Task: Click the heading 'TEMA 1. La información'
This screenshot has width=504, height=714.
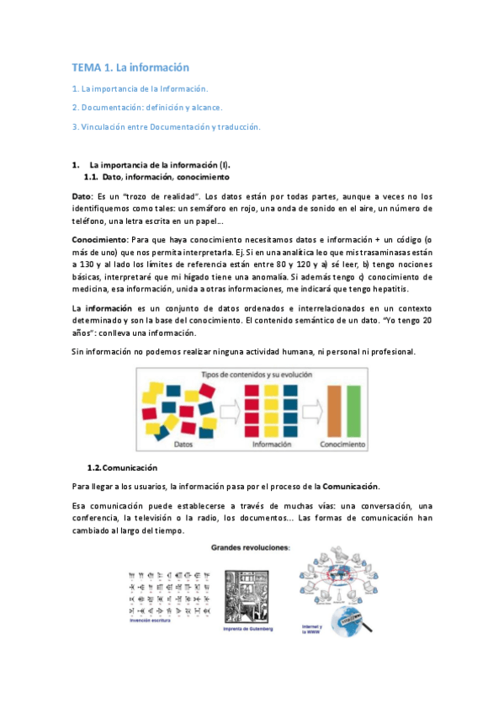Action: pos(130,67)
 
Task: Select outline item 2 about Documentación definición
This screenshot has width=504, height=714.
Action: pos(147,107)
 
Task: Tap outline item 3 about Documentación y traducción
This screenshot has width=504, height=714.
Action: pos(167,127)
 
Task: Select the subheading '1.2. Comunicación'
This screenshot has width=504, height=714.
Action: pos(123,466)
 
